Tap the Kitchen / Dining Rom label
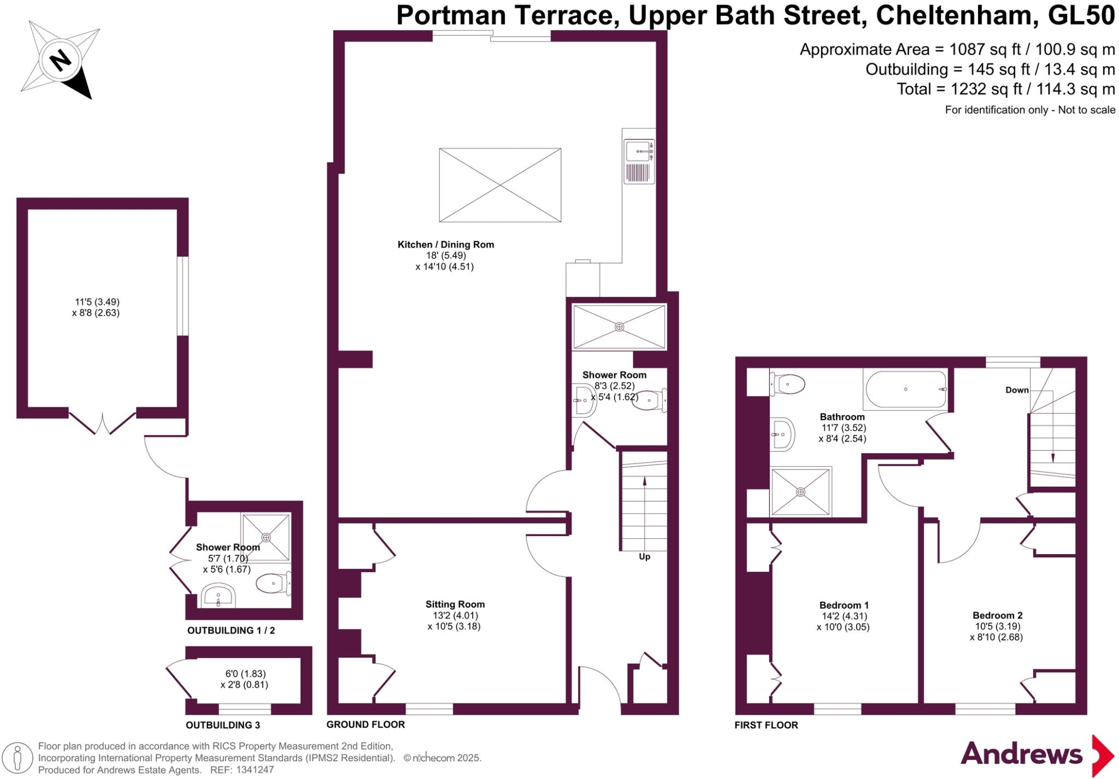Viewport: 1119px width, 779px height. [x=445, y=245]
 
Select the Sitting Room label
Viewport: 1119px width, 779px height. [x=455, y=604]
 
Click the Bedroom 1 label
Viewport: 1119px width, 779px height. [x=844, y=605]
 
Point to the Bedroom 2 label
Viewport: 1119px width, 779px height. [x=997, y=615]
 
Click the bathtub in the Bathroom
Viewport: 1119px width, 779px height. [x=905, y=389]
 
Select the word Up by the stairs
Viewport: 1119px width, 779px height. [x=645, y=557]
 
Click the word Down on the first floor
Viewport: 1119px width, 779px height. [x=1017, y=390]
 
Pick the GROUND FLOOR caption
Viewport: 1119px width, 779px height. [x=366, y=724]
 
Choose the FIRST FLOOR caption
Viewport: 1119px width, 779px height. [x=766, y=725]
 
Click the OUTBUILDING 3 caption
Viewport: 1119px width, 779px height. [x=223, y=725]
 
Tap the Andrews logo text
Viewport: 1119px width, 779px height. [x=1021, y=754]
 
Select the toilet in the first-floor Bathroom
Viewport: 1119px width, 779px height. [x=787, y=384]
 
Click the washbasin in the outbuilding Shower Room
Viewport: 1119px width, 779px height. [x=218, y=596]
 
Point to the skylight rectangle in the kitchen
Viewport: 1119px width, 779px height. [x=500, y=185]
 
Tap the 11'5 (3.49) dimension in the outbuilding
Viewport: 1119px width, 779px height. [x=97, y=302]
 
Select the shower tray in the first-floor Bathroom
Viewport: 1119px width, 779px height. [x=800, y=491]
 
